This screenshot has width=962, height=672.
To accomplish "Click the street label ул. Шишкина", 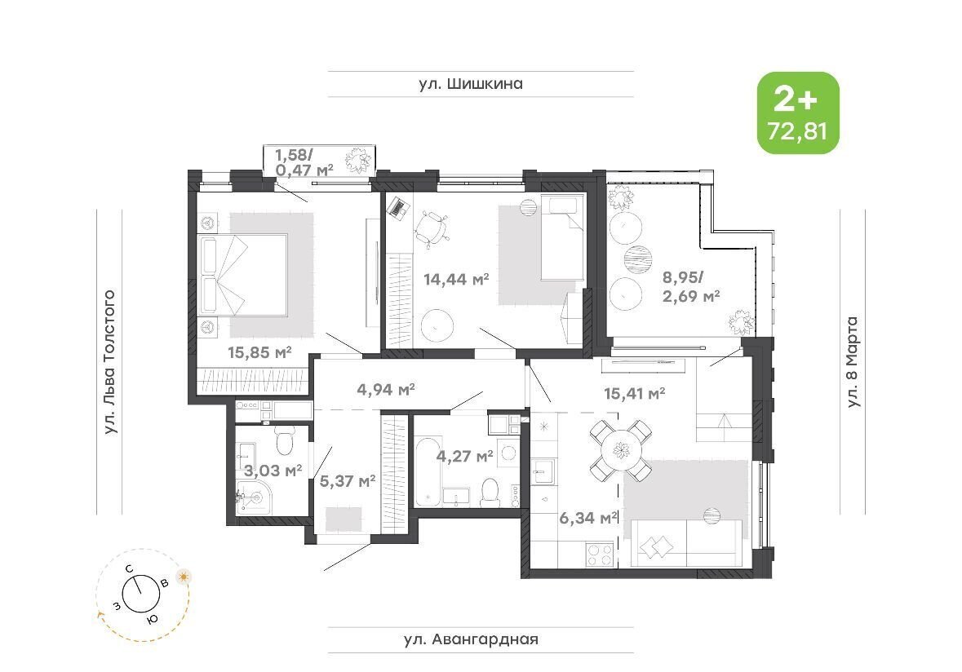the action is [471, 83].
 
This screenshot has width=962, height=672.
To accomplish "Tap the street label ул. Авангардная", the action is [471, 639].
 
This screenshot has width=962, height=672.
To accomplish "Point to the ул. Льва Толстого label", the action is [109, 362].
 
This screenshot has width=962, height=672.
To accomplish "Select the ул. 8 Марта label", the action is [852, 362].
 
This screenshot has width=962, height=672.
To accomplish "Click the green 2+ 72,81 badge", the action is [797, 113].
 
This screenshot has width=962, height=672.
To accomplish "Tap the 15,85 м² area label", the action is [259, 352].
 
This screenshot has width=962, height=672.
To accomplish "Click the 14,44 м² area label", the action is [456, 280].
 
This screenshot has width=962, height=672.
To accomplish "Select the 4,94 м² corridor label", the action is [386, 389].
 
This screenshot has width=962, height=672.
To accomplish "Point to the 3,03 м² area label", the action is [273, 471].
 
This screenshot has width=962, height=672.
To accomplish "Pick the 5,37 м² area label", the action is [348, 481].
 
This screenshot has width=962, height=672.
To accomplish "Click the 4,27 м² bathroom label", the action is [465, 456].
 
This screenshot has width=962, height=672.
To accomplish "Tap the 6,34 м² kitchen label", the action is [587, 518].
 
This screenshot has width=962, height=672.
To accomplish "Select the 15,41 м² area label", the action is [634, 393].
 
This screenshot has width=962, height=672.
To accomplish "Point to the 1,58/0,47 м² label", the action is [304, 161].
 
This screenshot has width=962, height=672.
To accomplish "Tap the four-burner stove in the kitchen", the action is [601, 555].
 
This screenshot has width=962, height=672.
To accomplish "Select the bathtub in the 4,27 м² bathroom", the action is [428, 471].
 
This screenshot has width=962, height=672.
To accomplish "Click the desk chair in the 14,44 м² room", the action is [432, 228].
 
